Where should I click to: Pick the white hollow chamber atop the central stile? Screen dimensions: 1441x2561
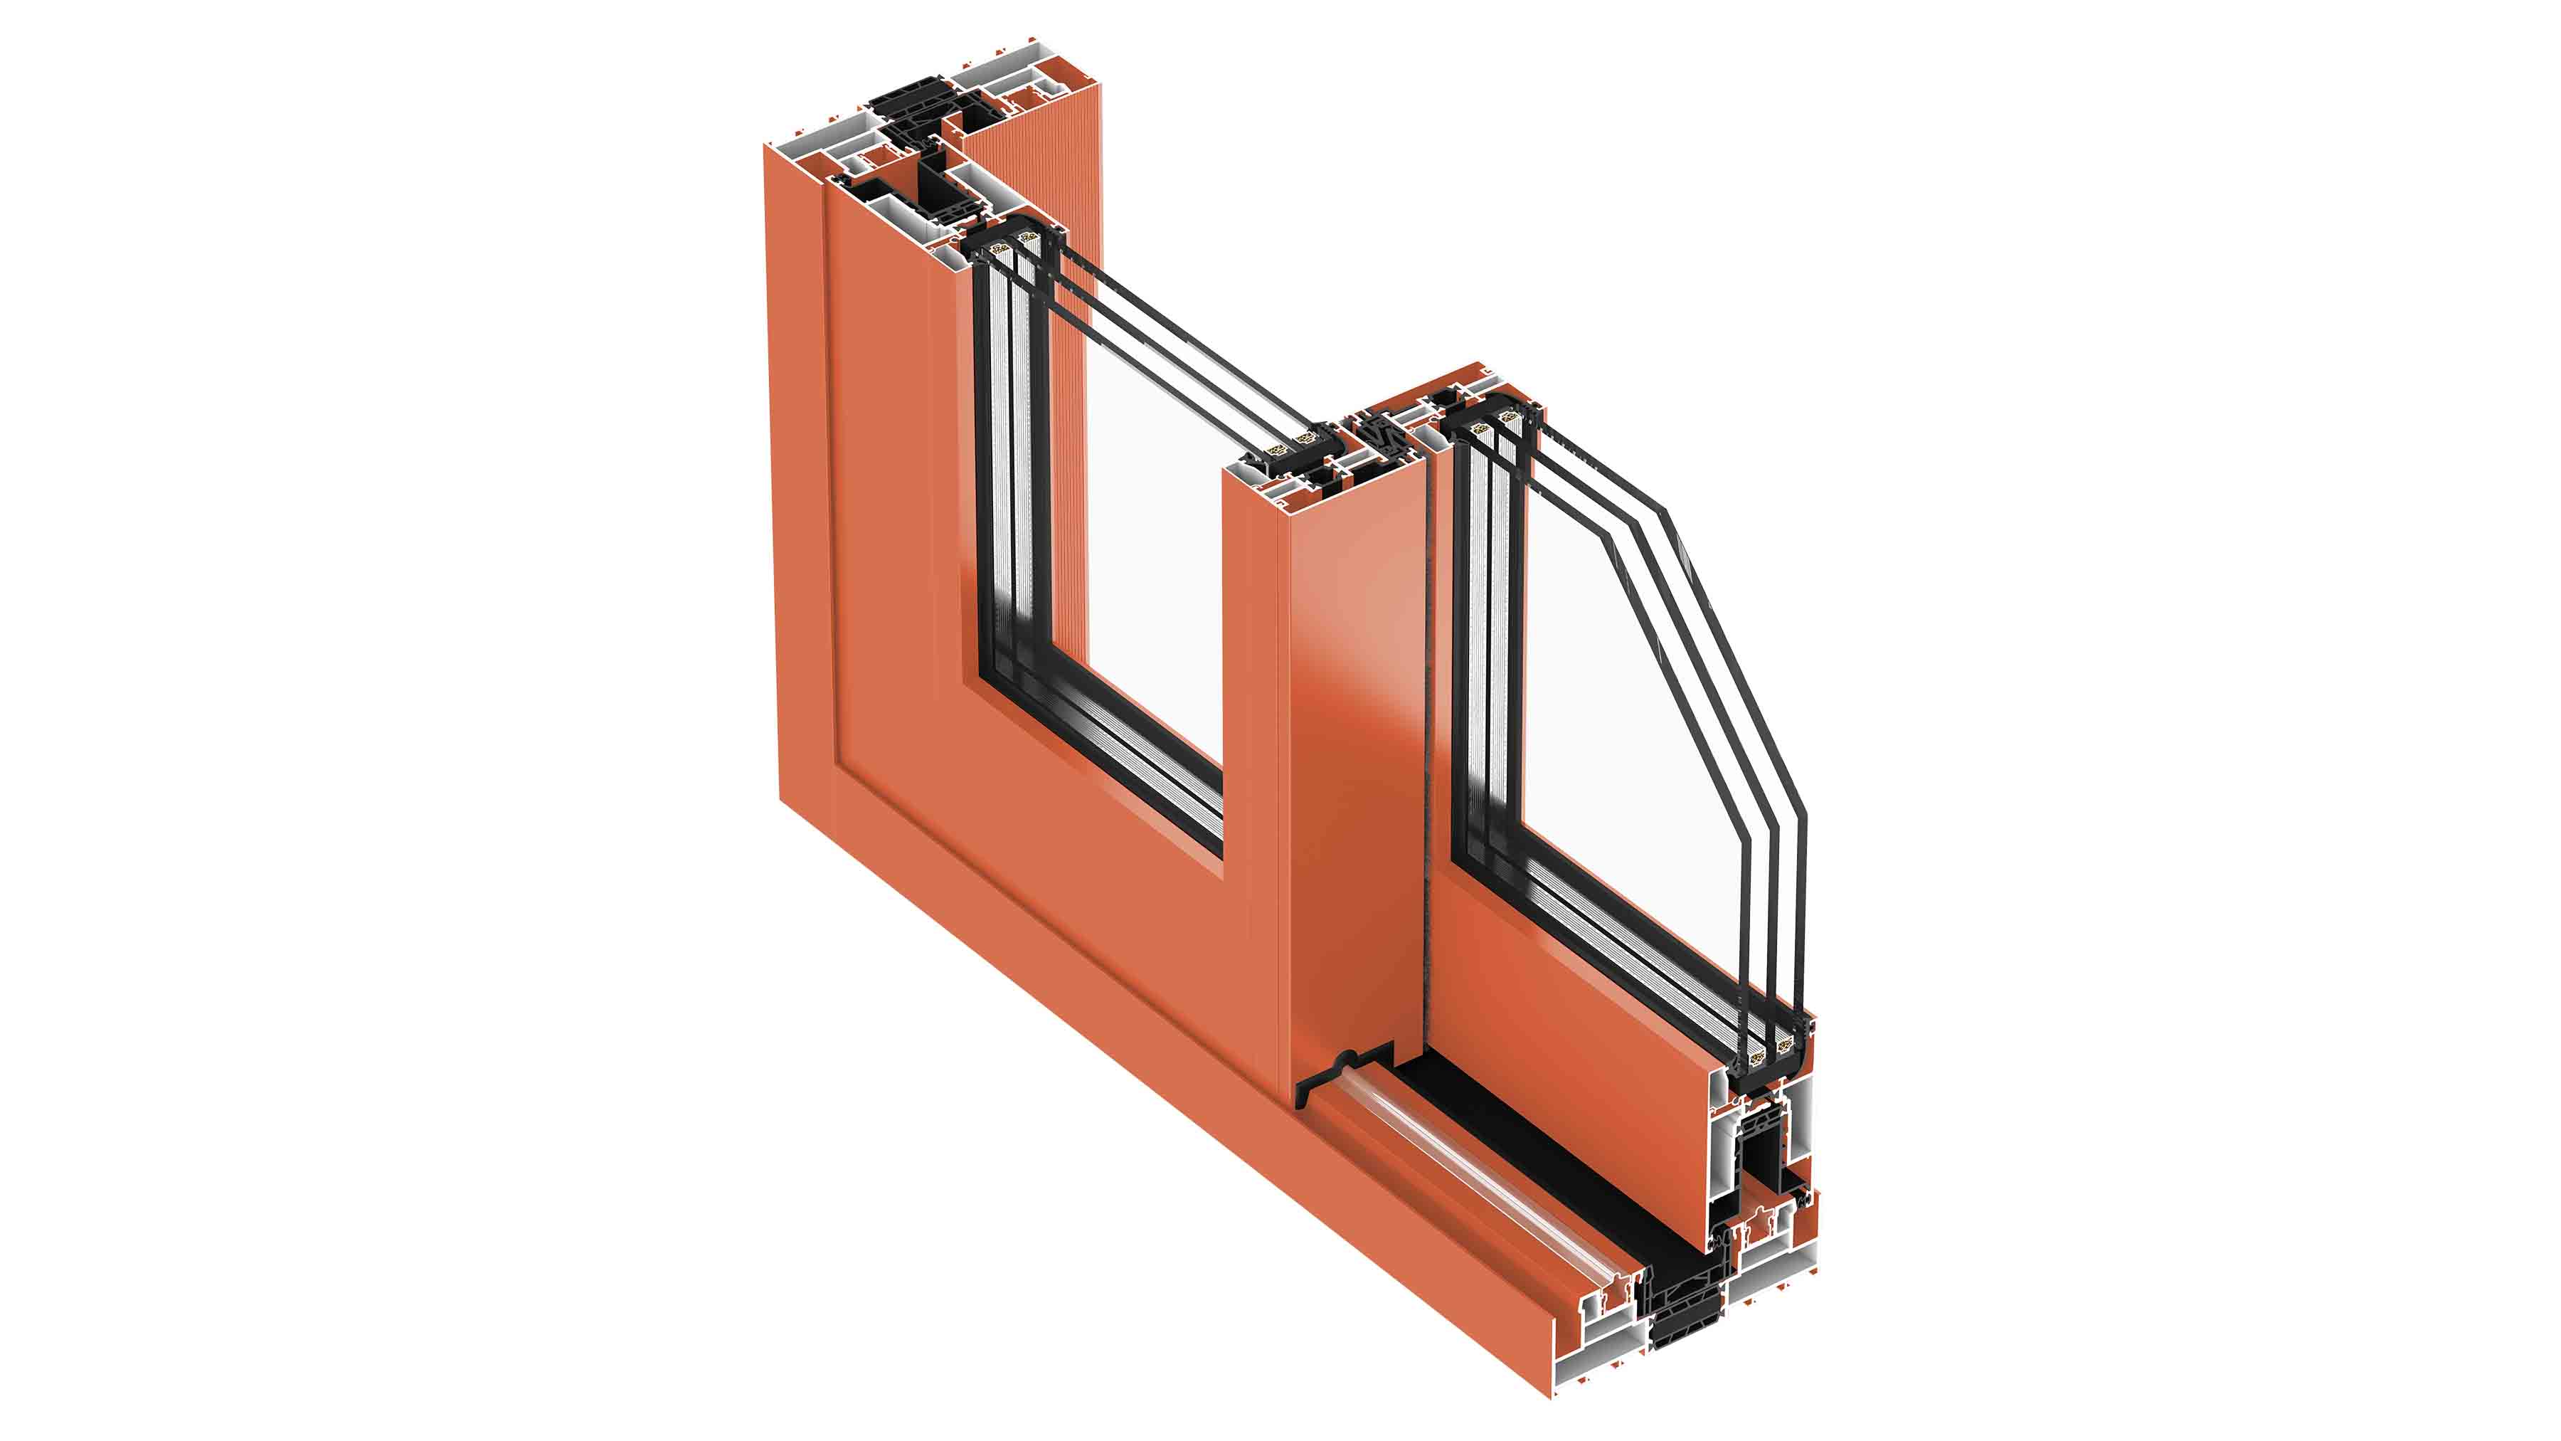pyautogui.click(x=1258, y=487)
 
